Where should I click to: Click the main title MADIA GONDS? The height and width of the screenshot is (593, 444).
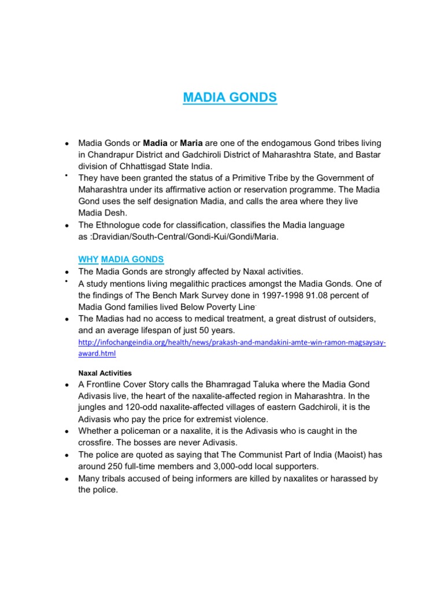230,97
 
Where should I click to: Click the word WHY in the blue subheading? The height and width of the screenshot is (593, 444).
88,259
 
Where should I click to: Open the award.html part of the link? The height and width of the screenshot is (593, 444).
97,353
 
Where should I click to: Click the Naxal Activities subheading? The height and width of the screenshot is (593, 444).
105,373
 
